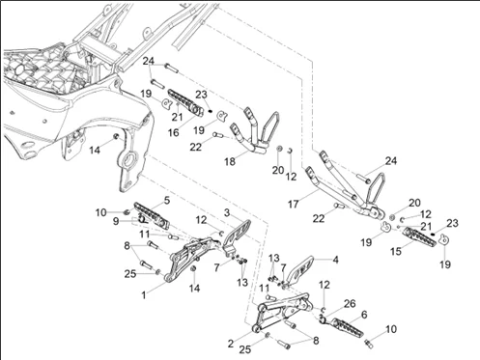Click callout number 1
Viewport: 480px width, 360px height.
click(x=144, y=294)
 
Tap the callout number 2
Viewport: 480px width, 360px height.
click(x=231, y=344)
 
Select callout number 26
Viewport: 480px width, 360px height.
click(x=350, y=304)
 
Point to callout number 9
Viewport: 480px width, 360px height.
click(x=116, y=221)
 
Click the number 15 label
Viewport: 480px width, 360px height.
click(x=396, y=251)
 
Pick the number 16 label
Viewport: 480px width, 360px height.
click(x=174, y=132)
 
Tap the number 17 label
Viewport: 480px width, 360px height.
click(x=293, y=204)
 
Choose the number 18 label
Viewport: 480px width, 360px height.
click(x=230, y=161)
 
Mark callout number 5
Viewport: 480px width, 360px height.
click(x=167, y=201)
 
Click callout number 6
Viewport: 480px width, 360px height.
click(x=364, y=315)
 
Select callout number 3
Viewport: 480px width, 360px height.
click(x=227, y=212)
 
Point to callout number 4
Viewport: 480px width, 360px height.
click(x=335, y=260)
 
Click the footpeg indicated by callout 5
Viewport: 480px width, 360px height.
click(x=152, y=215)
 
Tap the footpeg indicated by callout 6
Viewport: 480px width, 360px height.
click(x=347, y=327)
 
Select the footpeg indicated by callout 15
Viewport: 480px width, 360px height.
click(x=420, y=236)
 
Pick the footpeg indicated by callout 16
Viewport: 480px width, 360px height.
click(x=184, y=101)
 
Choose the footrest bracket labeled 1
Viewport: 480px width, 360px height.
click(x=190, y=258)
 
